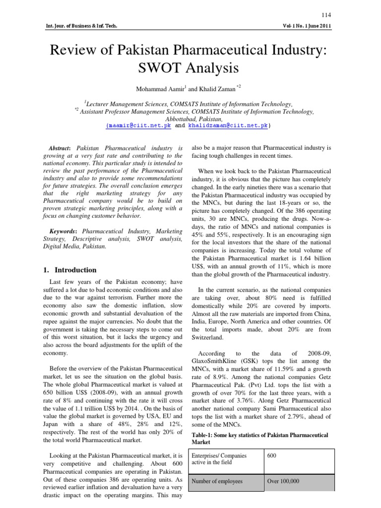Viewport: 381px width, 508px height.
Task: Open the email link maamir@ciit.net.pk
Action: tap(139, 126)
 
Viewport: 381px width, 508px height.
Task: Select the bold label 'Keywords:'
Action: tap(63, 231)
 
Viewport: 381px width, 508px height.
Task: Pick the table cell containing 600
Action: tap(271, 456)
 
